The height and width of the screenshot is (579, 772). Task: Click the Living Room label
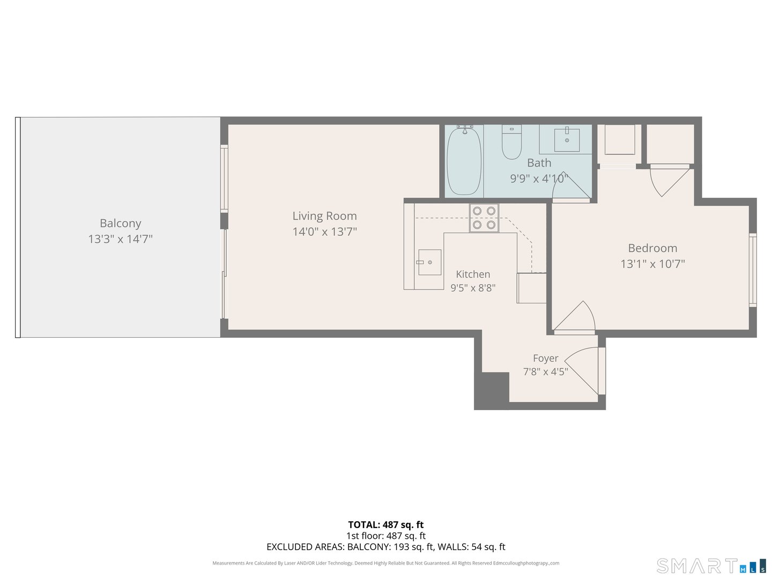(x=324, y=216)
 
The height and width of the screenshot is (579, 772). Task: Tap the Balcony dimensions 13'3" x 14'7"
(x=120, y=239)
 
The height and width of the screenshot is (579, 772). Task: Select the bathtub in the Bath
(x=464, y=161)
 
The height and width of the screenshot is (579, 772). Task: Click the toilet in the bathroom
(x=511, y=142)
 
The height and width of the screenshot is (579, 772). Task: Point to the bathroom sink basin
(x=567, y=140)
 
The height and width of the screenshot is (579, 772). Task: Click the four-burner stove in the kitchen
(x=484, y=218)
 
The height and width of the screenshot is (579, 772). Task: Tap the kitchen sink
(x=429, y=262)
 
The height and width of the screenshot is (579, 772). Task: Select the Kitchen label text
(x=473, y=274)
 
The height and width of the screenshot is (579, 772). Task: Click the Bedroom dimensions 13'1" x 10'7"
(x=652, y=264)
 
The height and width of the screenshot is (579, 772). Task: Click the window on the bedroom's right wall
(x=752, y=270)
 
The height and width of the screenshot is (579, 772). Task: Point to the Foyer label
(x=546, y=358)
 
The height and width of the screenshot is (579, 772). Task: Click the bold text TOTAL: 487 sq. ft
(x=386, y=525)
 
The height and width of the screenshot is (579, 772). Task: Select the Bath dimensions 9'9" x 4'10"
(x=539, y=179)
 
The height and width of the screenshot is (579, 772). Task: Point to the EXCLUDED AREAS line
(x=386, y=547)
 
